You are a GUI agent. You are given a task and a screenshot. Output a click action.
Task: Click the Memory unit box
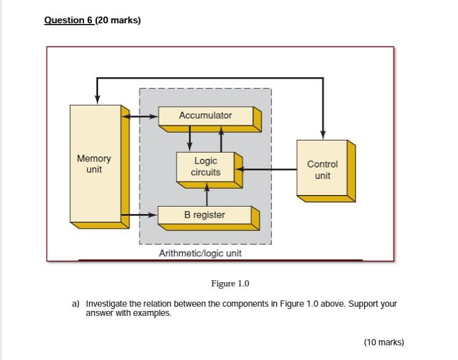[94, 164]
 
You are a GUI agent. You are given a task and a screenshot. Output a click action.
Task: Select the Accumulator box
[205, 115]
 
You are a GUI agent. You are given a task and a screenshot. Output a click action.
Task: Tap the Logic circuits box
[206, 166]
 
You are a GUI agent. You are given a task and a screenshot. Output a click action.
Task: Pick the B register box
[205, 215]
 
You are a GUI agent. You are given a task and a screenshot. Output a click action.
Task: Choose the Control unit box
[322, 169]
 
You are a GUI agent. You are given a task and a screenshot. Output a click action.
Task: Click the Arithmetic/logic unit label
[200, 253]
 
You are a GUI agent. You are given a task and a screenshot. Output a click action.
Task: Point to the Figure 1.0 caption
[230, 283]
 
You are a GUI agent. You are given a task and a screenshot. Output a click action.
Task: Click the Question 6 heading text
[68, 20]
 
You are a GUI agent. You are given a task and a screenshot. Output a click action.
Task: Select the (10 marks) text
[384, 342]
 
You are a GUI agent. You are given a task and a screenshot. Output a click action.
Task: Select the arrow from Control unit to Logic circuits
[266, 168]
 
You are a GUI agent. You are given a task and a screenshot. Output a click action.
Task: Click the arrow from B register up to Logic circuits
[207, 195]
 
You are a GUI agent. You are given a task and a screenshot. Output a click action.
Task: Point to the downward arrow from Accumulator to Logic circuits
[190, 139]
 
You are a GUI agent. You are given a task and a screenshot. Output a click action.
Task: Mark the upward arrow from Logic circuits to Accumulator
[221, 139]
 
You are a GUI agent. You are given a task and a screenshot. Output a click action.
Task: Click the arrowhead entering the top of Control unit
[323, 135]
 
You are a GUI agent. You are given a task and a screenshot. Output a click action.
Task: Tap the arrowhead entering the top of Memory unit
[97, 99]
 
